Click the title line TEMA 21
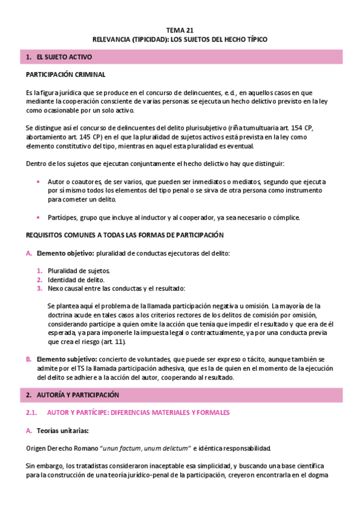180,29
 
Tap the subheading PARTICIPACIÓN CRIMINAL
66,75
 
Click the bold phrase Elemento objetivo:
65,253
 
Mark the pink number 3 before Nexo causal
39,289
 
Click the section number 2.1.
32,413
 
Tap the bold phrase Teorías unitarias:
63,430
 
